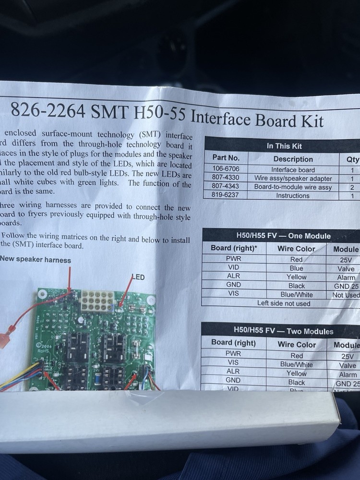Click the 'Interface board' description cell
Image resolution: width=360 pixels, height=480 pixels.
pyautogui.click(x=293, y=169)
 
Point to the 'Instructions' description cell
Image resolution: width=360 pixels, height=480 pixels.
pyautogui.click(x=293, y=195)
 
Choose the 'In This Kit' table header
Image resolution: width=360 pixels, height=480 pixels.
pyautogui.click(x=284, y=146)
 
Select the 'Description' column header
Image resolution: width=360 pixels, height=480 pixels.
pyautogui.click(x=293, y=159)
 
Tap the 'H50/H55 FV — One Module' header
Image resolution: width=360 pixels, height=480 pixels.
pyautogui.click(x=283, y=236)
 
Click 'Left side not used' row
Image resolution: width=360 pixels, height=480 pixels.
pyautogui.click(x=284, y=303)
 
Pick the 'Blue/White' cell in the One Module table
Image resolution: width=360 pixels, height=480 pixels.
pyautogui.click(x=297, y=295)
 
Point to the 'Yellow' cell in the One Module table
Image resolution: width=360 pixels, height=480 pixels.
pyautogui.click(x=297, y=277)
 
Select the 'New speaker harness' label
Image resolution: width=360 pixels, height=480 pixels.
pyautogui.click(x=36, y=260)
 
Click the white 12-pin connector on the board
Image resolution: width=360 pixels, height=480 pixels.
pyautogui.click(x=97, y=301)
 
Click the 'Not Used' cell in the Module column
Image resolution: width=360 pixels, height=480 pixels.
pyautogui.click(x=346, y=295)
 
